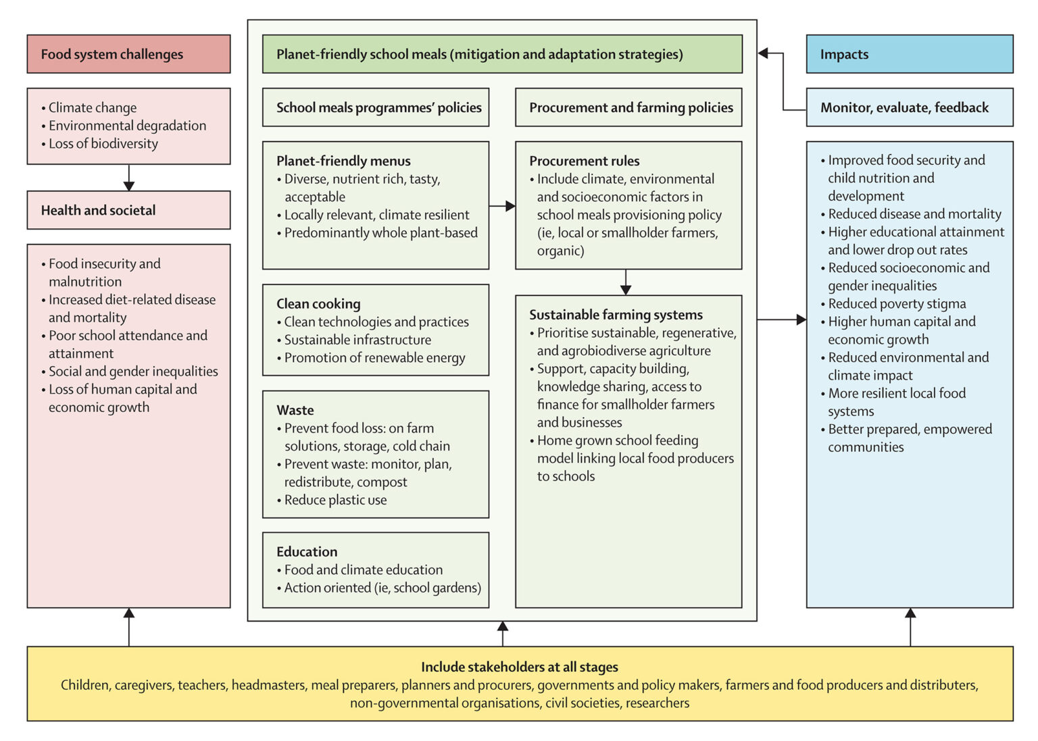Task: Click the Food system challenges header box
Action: point(128,54)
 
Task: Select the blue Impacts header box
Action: point(909,54)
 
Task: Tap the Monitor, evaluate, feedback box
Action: point(909,107)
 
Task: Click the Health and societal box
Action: point(128,210)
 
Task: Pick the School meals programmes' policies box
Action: point(376,107)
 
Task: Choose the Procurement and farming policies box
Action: point(628,107)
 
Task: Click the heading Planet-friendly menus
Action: point(343,161)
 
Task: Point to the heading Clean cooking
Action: point(318,304)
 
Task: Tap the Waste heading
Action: point(295,410)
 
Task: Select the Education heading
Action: point(307,552)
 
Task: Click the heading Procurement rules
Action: point(584,161)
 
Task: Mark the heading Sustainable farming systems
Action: point(616,315)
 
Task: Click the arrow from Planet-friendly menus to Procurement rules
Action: point(502,205)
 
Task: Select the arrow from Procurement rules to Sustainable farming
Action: point(626,282)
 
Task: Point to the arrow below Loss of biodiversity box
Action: point(129,178)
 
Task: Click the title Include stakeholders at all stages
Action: point(519,667)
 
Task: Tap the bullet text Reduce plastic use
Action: point(335,500)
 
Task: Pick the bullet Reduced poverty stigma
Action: point(897,304)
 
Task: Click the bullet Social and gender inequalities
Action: point(133,372)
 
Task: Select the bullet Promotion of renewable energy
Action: point(374,358)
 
